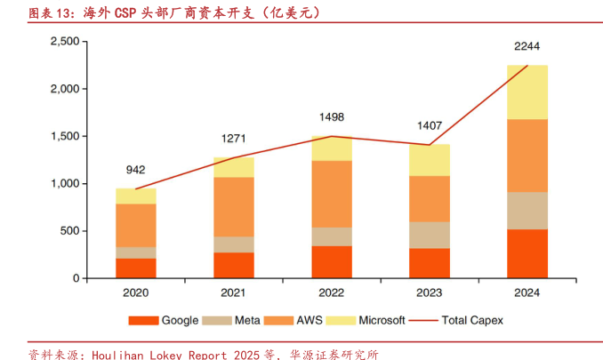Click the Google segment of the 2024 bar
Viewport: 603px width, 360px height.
(527, 253)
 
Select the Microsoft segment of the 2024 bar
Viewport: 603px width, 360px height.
(527, 92)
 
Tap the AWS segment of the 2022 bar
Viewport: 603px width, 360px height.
(332, 194)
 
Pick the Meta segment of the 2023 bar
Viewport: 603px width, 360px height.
(430, 235)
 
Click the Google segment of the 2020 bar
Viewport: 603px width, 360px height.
(136, 268)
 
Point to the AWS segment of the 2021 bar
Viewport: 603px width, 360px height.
(234, 206)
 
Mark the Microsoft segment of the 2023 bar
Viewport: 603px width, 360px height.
(430, 160)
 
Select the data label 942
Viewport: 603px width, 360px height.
(136, 170)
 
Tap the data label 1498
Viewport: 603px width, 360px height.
(332, 116)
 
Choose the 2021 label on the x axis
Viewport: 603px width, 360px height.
(234, 292)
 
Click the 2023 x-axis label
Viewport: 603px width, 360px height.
(430, 292)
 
